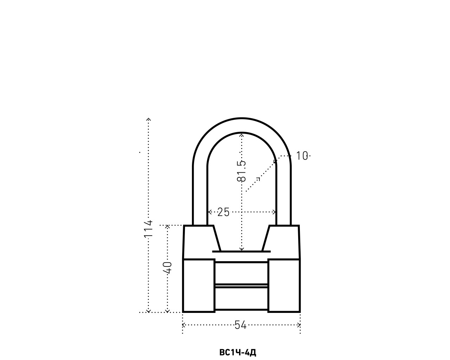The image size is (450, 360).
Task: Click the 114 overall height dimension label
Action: coord(149,229)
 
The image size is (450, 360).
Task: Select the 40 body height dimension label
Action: coord(168,268)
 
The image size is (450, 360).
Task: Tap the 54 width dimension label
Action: coord(240,325)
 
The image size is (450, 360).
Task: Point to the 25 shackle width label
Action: coord(223,212)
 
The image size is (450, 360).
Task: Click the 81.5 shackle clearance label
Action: coord(242,171)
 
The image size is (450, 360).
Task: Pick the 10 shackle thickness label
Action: coord(302,156)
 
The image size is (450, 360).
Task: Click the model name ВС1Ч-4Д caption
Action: coord(238,352)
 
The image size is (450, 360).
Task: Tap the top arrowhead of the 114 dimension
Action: coord(149,120)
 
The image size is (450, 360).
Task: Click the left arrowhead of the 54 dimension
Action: coord(184,325)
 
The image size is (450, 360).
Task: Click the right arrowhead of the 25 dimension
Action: coord(275,212)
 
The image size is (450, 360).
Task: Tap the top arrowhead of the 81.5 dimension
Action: coord(242,134)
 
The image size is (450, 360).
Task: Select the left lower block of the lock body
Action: coord(199,285)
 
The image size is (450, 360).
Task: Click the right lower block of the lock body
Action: coord(284,285)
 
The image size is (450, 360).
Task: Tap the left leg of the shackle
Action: coord(200,193)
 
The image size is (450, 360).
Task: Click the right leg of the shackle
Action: coord(283,193)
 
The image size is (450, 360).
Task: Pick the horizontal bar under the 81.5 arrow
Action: coord(242,252)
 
